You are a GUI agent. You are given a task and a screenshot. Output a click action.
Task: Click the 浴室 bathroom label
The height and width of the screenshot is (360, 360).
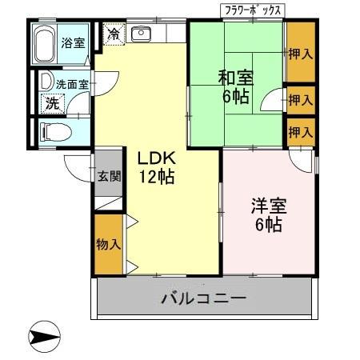point(73,43)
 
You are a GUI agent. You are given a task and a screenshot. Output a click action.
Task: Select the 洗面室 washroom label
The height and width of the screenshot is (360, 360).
point(70,83)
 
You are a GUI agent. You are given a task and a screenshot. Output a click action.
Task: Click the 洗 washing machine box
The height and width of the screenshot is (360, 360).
point(51,102)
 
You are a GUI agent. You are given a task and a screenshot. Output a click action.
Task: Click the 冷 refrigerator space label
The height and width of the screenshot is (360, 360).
point(114,34)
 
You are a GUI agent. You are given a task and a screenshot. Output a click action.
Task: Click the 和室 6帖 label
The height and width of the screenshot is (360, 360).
point(237,86)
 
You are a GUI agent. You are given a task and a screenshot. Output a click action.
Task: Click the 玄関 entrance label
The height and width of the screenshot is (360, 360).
point(109,177)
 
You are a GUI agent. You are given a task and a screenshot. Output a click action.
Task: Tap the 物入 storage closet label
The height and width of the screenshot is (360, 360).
point(108,243)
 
